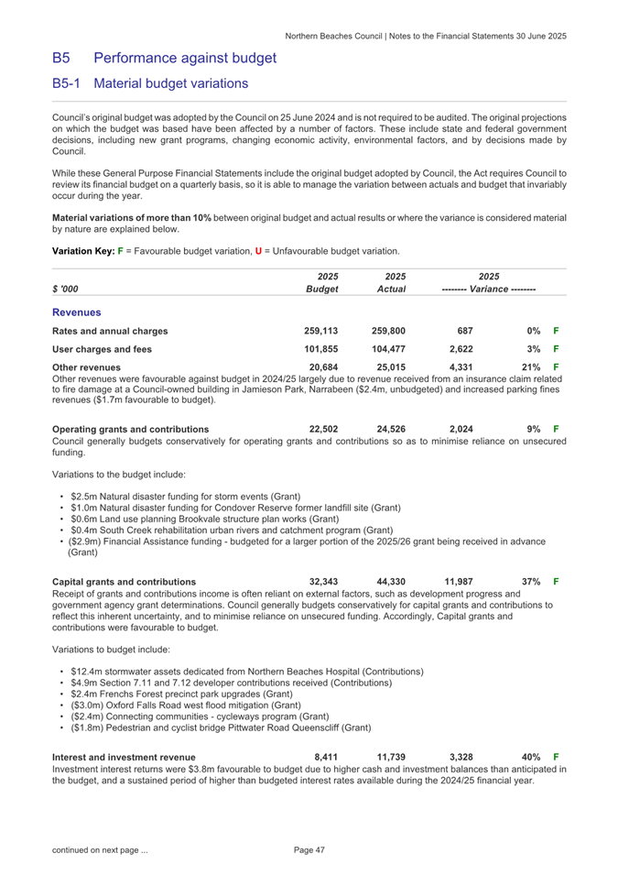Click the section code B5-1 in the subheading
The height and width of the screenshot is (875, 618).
coord(67,83)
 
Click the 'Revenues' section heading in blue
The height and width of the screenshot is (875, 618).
coord(76,286)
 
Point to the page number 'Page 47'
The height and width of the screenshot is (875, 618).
coord(309,851)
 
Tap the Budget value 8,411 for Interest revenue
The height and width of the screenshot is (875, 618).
coord(327,756)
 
